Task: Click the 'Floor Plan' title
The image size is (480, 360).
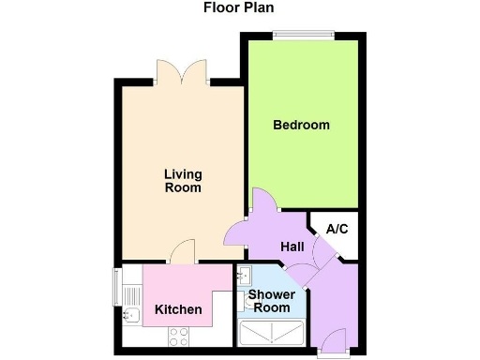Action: click(x=239, y=8)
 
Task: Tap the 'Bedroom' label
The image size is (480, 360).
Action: click(x=301, y=125)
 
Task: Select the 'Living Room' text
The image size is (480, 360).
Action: click(x=183, y=181)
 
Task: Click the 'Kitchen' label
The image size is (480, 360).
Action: click(x=175, y=310)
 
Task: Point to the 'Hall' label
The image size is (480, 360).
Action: click(x=292, y=246)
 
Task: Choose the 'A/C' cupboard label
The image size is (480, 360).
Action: click(x=337, y=229)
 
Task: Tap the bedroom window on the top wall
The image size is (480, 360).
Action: click(x=303, y=35)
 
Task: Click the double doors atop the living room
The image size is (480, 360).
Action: click(x=182, y=71)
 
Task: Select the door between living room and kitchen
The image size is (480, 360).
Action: click(x=184, y=252)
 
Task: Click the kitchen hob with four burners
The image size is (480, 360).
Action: click(x=178, y=335)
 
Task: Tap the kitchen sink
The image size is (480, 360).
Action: click(x=132, y=314)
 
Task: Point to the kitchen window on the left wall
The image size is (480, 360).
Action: click(x=117, y=286)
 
